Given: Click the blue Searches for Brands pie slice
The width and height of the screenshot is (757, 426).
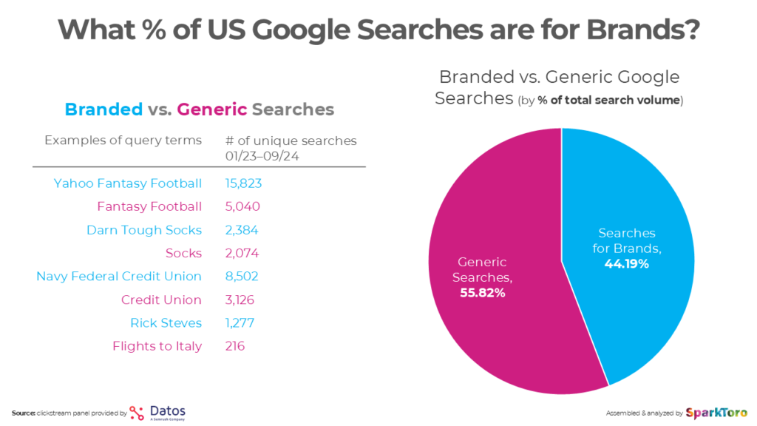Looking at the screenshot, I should click(x=636, y=222).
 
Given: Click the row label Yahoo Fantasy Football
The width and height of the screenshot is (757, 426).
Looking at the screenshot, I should click(x=127, y=183).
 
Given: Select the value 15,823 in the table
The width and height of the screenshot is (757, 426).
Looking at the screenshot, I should click(x=243, y=183).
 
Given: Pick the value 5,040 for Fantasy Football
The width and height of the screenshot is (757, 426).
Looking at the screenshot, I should click(x=242, y=206).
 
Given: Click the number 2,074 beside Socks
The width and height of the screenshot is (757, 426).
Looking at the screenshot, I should click(x=242, y=253).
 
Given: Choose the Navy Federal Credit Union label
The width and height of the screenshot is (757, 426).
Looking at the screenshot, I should click(x=118, y=276).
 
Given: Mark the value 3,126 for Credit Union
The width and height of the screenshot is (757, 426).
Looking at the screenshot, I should click(x=242, y=300).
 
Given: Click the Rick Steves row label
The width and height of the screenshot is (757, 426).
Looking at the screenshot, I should click(x=166, y=322).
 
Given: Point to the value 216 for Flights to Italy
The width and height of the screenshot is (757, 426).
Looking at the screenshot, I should click(x=235, y=345).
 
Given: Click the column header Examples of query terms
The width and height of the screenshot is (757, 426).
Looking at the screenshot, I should click(x=123, y=141).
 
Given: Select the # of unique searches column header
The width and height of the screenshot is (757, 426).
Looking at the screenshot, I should click(x=291, y=141).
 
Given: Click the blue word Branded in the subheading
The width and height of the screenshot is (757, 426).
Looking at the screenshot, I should click(x=103, y=109).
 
